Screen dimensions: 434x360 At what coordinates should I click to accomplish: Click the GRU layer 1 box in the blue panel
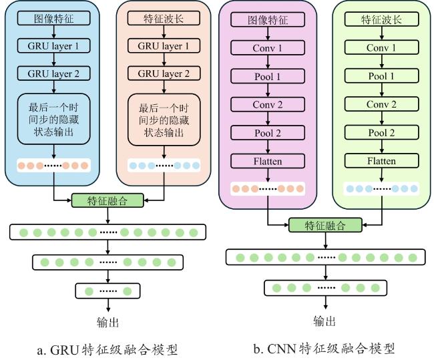(x=53, y=45)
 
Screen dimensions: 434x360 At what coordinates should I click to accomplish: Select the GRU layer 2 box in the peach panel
(x=164, y=73)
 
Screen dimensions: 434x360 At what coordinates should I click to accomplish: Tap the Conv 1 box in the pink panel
(x=268, y=48)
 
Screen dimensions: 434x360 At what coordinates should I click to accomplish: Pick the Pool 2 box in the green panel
(x=381, y=133)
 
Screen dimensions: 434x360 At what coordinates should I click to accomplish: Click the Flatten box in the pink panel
(x=268, y=161)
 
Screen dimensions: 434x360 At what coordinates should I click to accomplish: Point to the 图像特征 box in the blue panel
(x=53, y=18)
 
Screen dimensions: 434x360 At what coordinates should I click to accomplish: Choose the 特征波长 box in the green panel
(x=381, y=19)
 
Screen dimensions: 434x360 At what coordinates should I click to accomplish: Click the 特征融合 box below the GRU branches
(x=107, y=200)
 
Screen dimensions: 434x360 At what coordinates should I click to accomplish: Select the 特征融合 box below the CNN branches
(x=325, y=225)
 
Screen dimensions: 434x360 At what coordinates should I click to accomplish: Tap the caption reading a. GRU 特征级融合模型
(x=107, y=350)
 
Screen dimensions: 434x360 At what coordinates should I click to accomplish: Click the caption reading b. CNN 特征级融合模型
(x=324, y=349)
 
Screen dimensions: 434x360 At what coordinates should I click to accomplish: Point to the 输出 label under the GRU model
(x=108, y=323)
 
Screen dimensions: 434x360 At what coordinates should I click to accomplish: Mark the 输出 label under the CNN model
(x=324, y=321)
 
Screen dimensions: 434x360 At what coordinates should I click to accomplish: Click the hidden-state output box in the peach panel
(x=164, y=120)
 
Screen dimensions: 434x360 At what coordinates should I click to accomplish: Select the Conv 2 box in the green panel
(x=381, y=104)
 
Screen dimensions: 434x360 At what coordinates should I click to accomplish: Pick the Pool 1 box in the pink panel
(x=268, y=76)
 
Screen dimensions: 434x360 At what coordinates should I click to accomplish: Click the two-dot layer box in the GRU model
(x=107, y=291)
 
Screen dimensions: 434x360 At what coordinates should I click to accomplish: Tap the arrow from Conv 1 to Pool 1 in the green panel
(x=382, y=61)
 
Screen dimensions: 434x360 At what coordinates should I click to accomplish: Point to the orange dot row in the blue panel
(x=53, y=166)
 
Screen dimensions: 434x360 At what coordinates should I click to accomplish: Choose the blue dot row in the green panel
(x=381, y=189)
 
